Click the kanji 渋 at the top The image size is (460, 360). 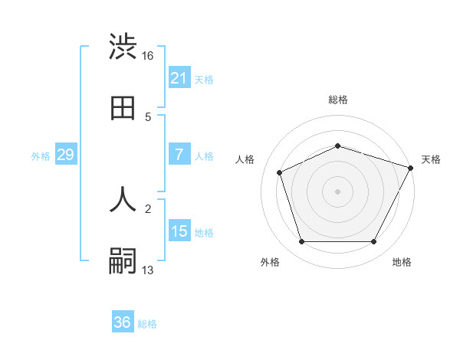pyautogui.click(x=123, y=47)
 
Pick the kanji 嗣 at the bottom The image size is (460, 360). pyautogui.click(x=123, y=261)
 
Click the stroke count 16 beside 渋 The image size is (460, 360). pyautogui.click(x=148, y=55)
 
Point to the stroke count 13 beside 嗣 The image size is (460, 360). pyautogui.click(x=148, y=270)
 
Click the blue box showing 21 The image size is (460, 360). pyautogui.click(x=179, y=78)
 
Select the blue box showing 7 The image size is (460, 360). pyautogui.click(x=179, y=155)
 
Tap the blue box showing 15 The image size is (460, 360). pyautogui.click(x=179, y=231)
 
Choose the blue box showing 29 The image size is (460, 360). pyautogui.click(x=65, y=155)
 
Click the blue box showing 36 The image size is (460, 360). pyautogui.click(x=123, y=322)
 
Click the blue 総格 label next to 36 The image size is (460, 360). pyautogui.click(x=147, y=324)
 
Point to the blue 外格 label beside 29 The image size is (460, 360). pyautogui.click(x=41, y=156)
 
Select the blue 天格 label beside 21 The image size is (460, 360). pyautogui.click(x=204, y=80)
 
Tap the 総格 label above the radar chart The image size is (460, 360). pyautogui.click(x=338, y=100)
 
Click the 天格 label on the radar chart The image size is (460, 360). pyautogui.click(x=431, y=159)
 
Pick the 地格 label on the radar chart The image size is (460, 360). pyautogui.click(x=402, y=263)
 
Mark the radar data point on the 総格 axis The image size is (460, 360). pyautogui.click(x=338, y=146)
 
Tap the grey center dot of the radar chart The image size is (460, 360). pyautogui.click(x=338, y=191)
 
